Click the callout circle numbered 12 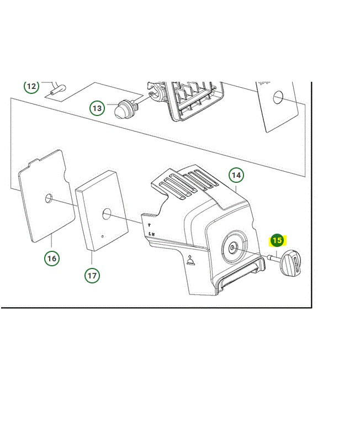tap(31, 86)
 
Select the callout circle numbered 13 tap(97, 108)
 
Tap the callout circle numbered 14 tap(236, 175)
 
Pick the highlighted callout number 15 tap(277, 241)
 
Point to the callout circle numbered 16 tap(52, 258)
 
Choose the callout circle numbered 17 tap(92, 275)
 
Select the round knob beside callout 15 tap(290, 262)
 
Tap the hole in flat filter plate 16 tap(49, 198)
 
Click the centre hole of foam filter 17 tap(107, 214)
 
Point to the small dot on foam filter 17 tap(102, 236)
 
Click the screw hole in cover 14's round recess tap(231, 248)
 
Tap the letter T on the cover tap(149, 225)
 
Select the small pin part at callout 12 tap(57, 90)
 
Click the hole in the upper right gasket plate tap(278, 97)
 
